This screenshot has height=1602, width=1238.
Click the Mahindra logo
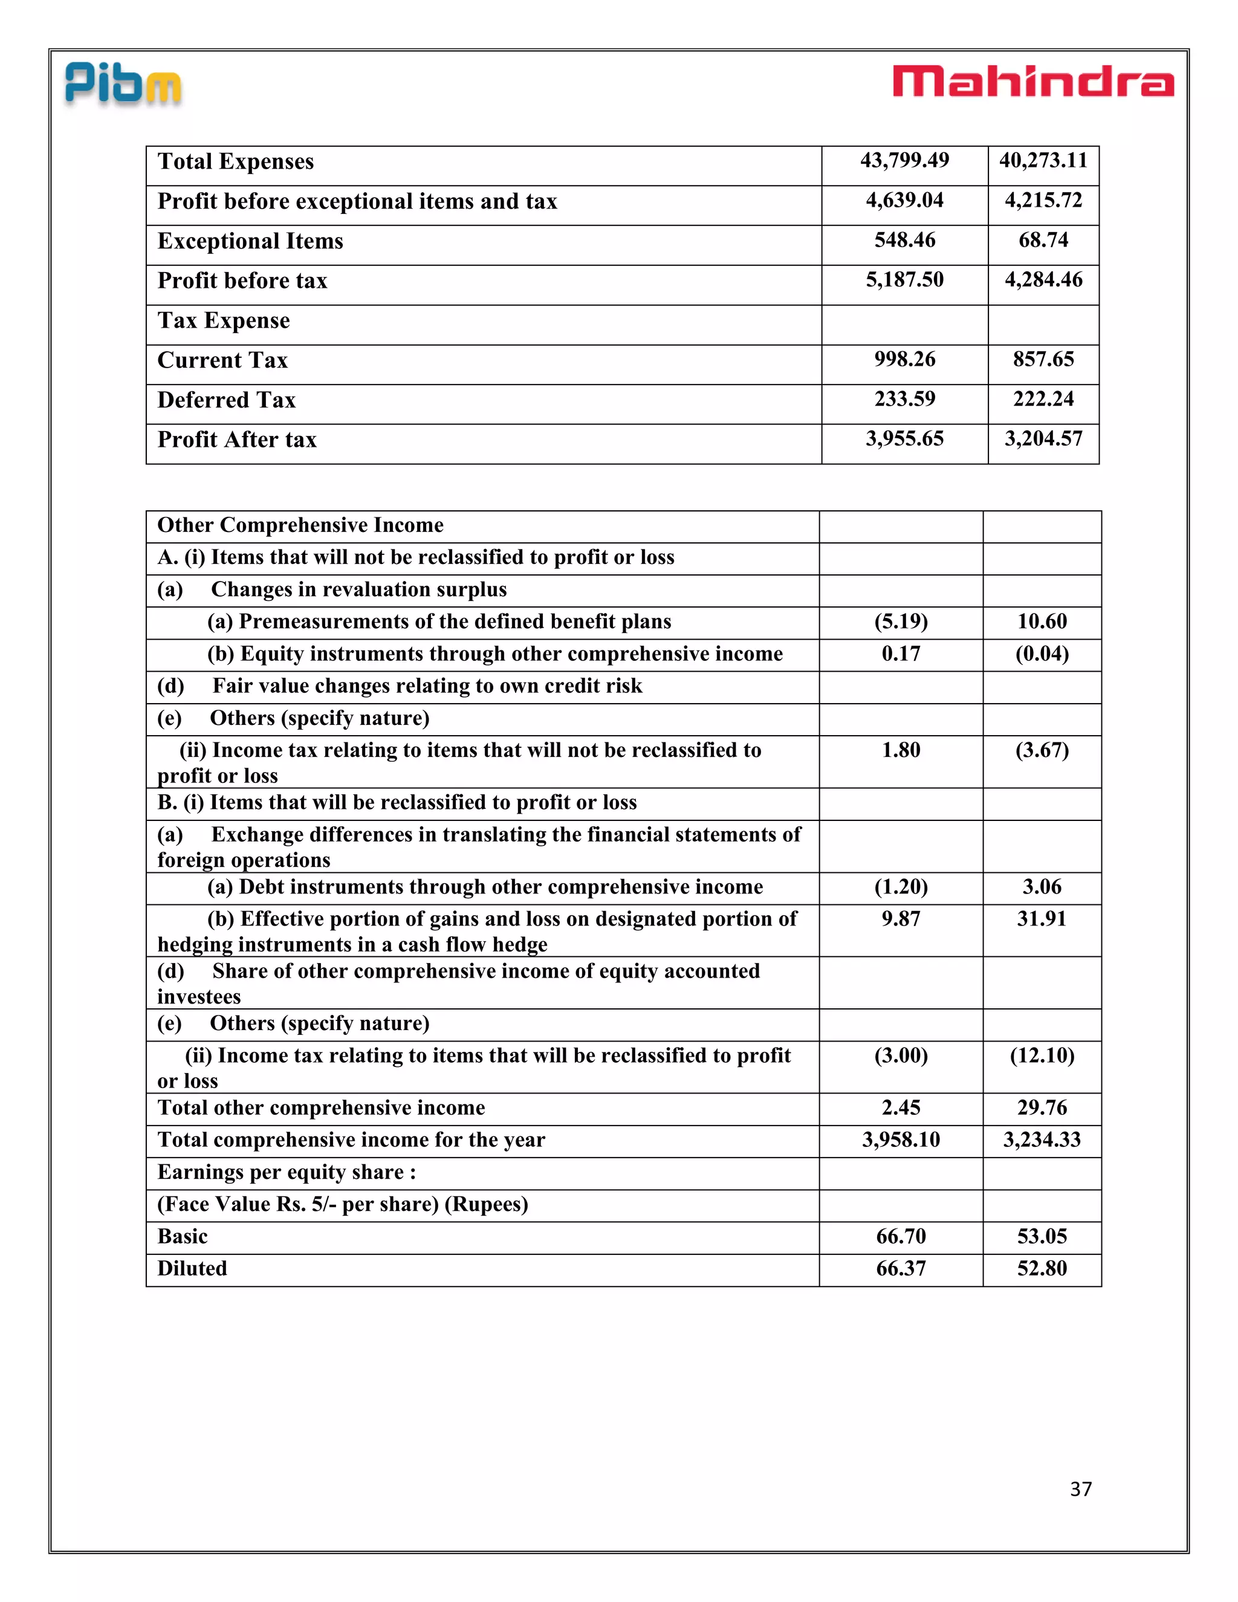pyautogui.click(x=1032, y=82)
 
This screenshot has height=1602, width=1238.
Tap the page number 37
pyautogui.click(x=1080, y=1488)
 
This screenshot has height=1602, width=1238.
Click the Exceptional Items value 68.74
pyautogui.click(x=1043, y=240)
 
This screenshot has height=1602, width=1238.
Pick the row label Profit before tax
pyautogui.click(x=242, y=281)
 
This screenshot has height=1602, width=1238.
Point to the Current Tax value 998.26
pyautogui.click(x=904, y=360)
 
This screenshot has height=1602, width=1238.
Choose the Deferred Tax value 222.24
pyautogui.click(x=1043, y=399)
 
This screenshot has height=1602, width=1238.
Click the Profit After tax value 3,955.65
pyautogui.click(x=904, y=439)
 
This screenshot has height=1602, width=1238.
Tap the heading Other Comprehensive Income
pyautogui.click(x=300, y=525)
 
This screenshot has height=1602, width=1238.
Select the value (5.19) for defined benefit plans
pyautogui.click(x=901, y=621)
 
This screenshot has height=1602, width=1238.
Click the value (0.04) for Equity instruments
pyautogui.click(x=1042, y=653)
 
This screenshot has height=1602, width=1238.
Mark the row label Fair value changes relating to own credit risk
pyautogui.click(x=427, y=686)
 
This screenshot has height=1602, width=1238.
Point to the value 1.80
pyautogui.click(x=901, y=750)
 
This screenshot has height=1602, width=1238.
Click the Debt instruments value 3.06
pyautogui.click(x=1042, y=887)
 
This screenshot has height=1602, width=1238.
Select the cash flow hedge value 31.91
pyautogui.click(x=1042, y=918)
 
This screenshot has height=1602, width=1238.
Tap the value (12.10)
pyautogui.click(x=1042, y=1056)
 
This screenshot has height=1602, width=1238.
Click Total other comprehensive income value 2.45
pyautogui.click(x=901, y=1107)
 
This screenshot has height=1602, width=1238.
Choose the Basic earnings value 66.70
pyautogui.click(x=901, y=1237)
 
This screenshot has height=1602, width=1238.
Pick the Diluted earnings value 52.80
pyautogui.click(x=1042, y=1268)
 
